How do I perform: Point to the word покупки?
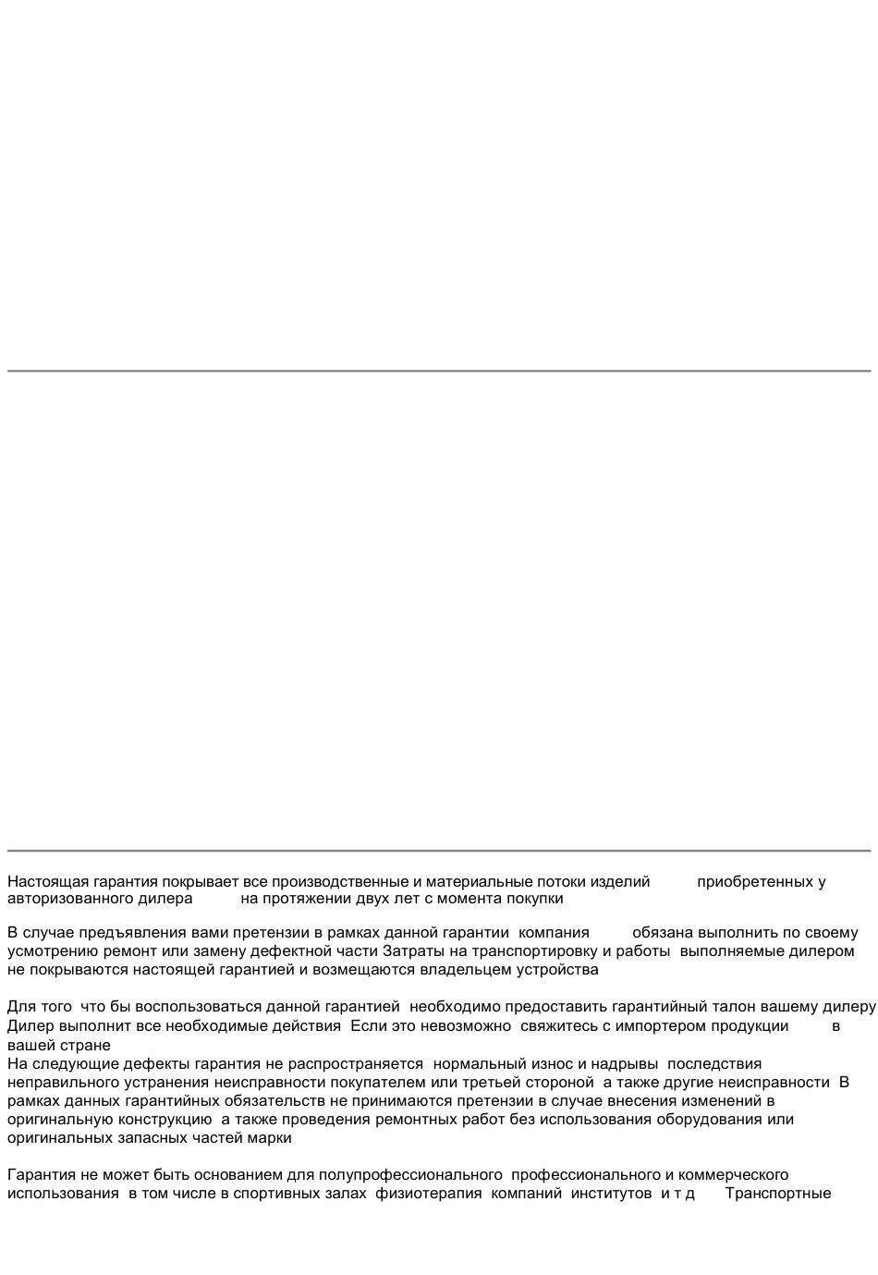pyautogui.click(x=534, y=898)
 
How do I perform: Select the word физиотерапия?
pyautogui.click(x=428, y=1193)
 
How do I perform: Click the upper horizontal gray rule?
pyautogui.click(x=439, y=371)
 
